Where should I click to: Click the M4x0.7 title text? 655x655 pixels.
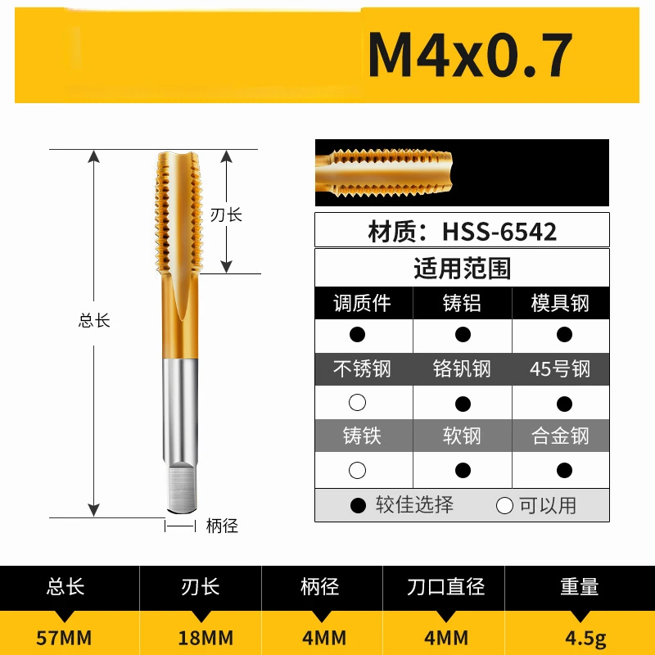pos(469,55)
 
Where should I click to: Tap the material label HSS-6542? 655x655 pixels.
pos(463,231)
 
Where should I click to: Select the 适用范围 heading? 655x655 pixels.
pos(463,268)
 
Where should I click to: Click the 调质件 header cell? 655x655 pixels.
pos(363,303)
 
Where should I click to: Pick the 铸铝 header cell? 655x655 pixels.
pos(463,303)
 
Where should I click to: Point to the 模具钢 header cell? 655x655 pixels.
pos(561,303)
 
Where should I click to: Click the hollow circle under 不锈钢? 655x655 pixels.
pos(357,403)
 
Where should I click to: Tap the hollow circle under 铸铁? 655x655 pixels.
pos(357,471)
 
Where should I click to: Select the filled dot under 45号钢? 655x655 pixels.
pos(564,403)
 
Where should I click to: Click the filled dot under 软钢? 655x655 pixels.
pos(463,471)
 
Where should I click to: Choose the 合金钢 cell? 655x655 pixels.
pos(561,436)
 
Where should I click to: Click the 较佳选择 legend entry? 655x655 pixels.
pos(403,505)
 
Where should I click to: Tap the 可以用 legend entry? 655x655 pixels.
pos(537,505)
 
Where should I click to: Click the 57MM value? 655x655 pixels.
pos(66,637)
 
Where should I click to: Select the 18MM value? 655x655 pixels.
pos(206,637)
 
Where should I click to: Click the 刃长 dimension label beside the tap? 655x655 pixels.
pos(226,215)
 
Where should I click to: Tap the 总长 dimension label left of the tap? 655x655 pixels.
pos(94,321)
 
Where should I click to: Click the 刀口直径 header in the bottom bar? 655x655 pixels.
pos(446,587)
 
